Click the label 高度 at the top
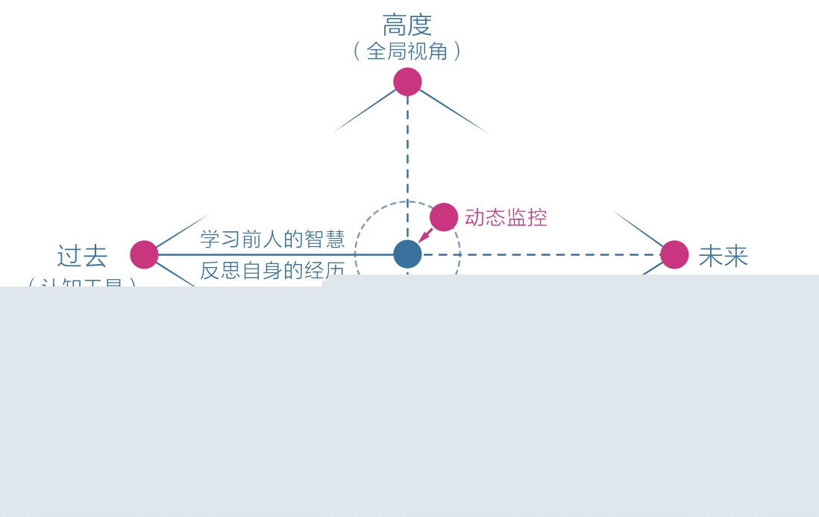(407, 25)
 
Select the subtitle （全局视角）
(407, 51)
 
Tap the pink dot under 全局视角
(407, 82)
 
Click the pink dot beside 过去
(144, 254)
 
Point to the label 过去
(82, 256)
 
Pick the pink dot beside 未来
(674, 254)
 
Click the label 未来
(723, 256)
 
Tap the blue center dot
(407, 254)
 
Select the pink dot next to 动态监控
(444, 217)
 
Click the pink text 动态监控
(506, 217)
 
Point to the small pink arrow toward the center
(425, 236)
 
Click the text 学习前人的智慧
(272, 239)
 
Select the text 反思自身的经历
(272, 269)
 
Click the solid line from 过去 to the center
(276, 254)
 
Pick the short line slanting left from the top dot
(365, 110)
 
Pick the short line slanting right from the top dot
(452, 110)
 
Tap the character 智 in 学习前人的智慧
(314, 239)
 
